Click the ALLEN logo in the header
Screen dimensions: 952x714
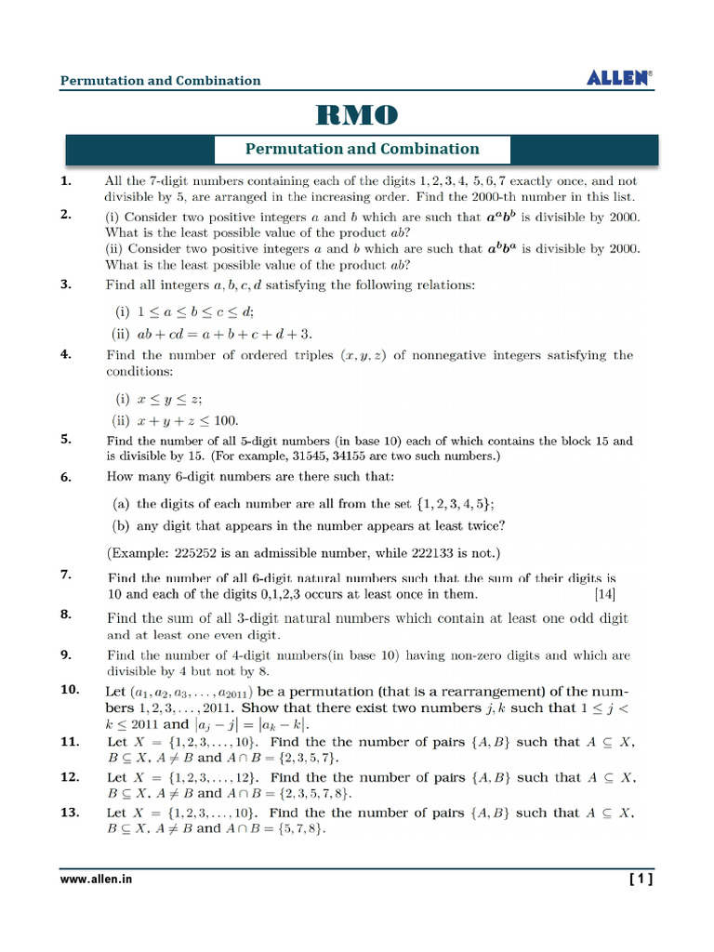(619, 78)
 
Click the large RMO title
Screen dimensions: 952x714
(357, 115)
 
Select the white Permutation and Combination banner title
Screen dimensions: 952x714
(362, 149)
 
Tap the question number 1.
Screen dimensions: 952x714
(66, 181)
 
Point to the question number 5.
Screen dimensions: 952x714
(66, 440)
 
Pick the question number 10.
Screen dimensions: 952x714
(70, 690)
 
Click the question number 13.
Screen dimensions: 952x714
(70, 812)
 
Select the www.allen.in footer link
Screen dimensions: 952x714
(96, 879)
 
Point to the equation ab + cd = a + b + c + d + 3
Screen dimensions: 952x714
(224, 334)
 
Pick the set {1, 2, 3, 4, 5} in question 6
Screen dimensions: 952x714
(447, 503)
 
